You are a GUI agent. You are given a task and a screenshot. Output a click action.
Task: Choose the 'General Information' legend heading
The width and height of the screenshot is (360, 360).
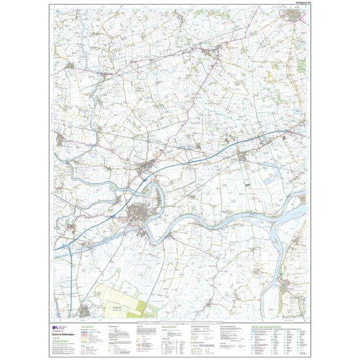170,325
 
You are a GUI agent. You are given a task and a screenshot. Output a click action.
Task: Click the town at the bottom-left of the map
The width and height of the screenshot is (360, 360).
84,308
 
